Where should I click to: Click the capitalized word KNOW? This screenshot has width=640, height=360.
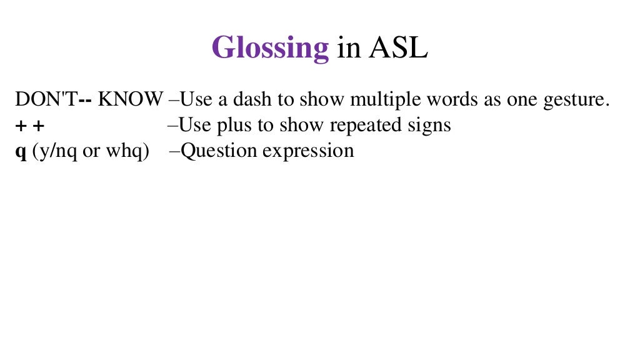tap(131, 99)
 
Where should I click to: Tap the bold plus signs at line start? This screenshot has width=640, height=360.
tap(30, 126)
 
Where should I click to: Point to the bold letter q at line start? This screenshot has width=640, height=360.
tap(20, 152)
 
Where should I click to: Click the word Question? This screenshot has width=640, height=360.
tap(219, 151)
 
